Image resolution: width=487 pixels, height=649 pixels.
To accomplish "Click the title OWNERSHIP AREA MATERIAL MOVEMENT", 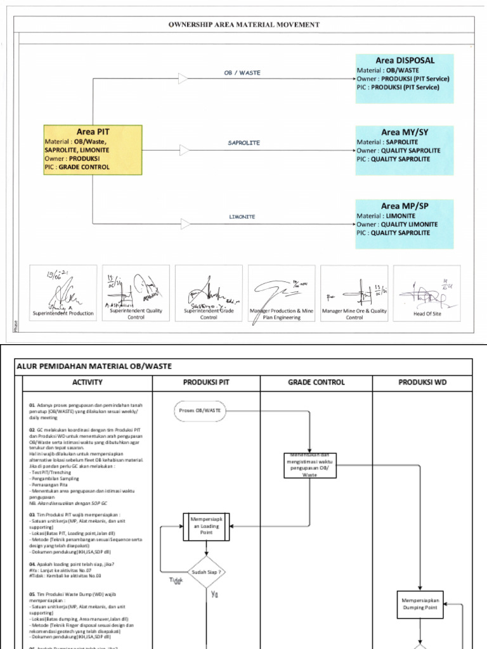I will (x=243, y=25).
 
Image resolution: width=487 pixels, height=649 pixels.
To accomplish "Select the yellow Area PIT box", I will (x=93, y=150).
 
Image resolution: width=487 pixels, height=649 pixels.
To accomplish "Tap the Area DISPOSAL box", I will (x=405, y=79).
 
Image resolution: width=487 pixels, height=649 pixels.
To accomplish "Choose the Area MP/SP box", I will (x=405, y=224).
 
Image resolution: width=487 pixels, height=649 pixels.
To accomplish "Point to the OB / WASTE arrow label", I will (x=242, y=73).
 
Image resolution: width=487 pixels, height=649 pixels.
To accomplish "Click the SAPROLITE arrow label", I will (x=243, y=143).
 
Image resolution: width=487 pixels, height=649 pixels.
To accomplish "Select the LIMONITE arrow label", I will (x=242, y=217).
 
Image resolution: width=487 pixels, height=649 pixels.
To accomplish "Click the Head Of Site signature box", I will (x=427, y=292).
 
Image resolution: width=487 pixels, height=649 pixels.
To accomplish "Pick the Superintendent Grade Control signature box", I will (x=209, y=292).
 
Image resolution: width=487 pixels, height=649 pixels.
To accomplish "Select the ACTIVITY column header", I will (x=88, y=382).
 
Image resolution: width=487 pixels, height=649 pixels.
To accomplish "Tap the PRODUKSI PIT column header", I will (x=206, y=382).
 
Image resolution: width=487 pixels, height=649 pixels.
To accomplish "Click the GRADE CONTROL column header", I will (x=316, y=382).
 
